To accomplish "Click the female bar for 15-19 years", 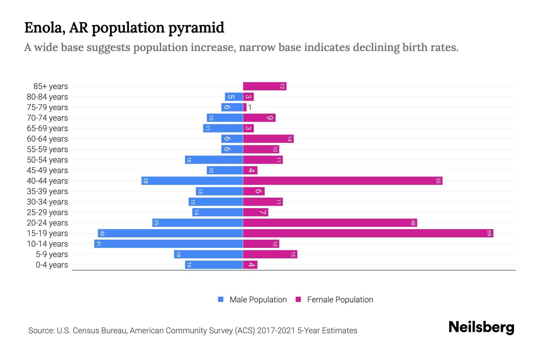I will click(x=368, y=233).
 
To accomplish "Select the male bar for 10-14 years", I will click(x=169, y=244).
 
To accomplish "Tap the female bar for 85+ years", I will click(x=265, y=86).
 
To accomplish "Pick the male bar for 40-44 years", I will click(x=192, y=181).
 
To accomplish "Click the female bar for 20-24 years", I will click(x=330, y=223).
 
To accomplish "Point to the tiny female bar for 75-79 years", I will click(x=245, y=107).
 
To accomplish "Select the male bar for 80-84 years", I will click(x=234, y=97).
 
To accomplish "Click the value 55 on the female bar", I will click(x=438, y=181).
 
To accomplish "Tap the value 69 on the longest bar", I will click(x=489, y=233).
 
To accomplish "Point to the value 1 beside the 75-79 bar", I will click(x=250, y=107).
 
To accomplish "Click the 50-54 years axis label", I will click(x=47, y=160).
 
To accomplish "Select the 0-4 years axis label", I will click(x=52, y=265).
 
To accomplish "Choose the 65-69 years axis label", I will click(x=47, y=128).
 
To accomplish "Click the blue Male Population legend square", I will click(x=221, y=299).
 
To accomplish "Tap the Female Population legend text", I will click(x=340, y=299).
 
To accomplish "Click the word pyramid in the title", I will click(x=196, y=28).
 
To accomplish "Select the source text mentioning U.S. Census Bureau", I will click(x=192, y=330).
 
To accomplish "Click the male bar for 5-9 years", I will click(x=208, y=254).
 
